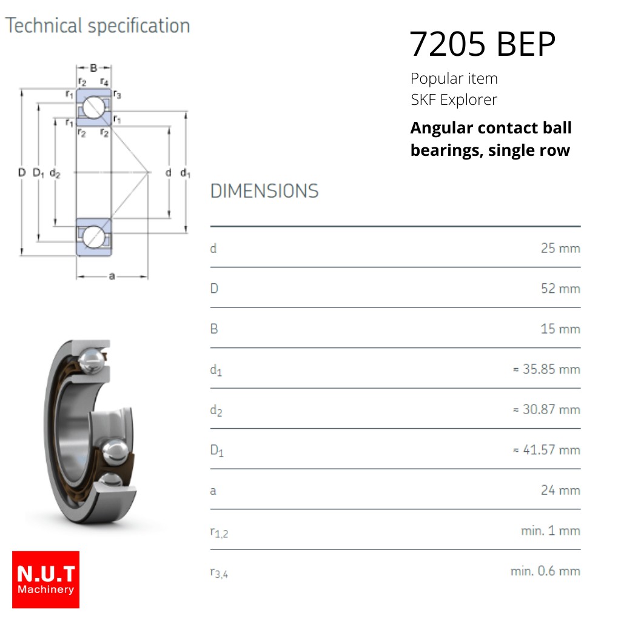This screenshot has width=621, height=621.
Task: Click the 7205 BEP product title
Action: click(x=482, y=44)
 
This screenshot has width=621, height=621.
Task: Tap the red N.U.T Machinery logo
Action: click(x=45, y=579)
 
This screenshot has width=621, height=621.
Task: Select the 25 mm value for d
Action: click(x=560, y=248)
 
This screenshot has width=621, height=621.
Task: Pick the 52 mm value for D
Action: click(x=560, y=289)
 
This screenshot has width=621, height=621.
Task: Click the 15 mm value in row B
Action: click(x=560, y=329)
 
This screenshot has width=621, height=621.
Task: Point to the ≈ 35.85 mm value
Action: click(x=546, y=369)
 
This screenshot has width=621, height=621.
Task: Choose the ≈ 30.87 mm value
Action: click(x=546, y=409)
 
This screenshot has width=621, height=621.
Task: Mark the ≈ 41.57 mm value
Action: click(x=546, y=450)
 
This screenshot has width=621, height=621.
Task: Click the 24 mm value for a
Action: click(x=560, y=490)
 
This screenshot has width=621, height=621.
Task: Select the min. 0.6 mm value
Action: click(x=545, y=571)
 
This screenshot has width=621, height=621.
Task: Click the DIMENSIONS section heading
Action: click(x=264, y=191)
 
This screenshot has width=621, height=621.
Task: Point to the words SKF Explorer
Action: click(x=454, y=100)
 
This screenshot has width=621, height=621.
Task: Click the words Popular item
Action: click(x=454, y=78)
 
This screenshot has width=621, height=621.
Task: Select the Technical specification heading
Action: click(x=98, y=26)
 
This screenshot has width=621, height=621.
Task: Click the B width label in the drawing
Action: click(x=93, y=68)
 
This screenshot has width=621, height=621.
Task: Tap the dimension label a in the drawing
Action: click(x=112, y=276)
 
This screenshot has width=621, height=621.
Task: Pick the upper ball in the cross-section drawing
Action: click(x=93, y=107)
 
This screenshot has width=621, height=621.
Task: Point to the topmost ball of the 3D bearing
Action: click(x=92, y=360)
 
